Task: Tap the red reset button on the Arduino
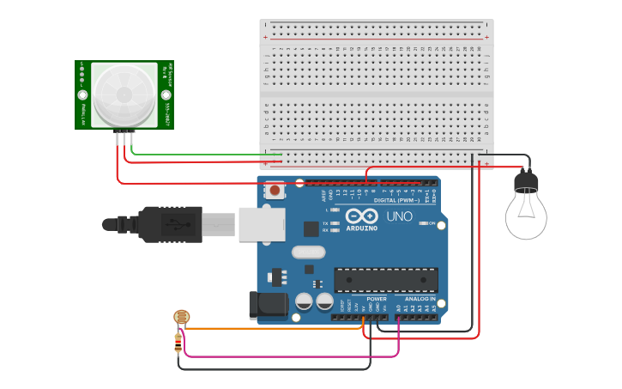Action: point(275,190)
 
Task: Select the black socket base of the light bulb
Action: point(526,181)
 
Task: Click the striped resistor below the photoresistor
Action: point(178,343)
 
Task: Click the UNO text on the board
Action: point(399,217)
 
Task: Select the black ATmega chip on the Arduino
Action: point(386,280)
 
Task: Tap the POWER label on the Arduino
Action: point(377,299)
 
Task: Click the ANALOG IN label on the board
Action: point(420,299)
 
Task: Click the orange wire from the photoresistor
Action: point(275,328)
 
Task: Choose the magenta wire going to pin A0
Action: point(292,356)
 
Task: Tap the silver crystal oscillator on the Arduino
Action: point(308,252)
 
